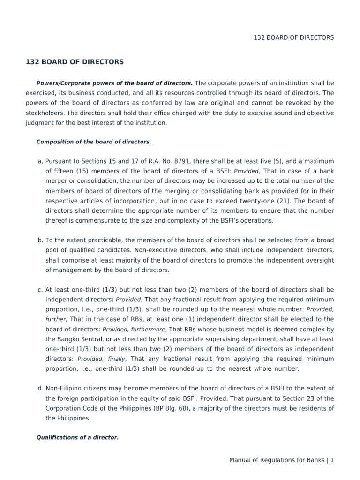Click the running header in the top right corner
click(293, 37)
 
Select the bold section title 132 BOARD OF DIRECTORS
click(75, 62)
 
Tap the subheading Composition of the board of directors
click(94, 141)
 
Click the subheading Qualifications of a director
click(77, 437)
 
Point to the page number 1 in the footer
click(332, 460)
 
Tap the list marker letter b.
click(40, 240)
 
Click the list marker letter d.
click(40, 388)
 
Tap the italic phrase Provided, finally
click(98, 359)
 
